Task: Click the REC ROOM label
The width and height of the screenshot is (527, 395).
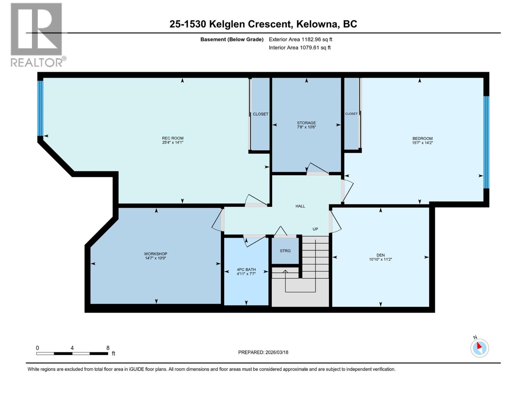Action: (x=173, y=138)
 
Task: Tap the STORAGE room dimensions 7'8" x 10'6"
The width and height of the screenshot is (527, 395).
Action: (x=306, y=127)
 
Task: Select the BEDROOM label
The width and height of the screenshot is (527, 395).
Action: (x=422, y=139)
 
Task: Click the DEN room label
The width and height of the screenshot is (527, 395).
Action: (x=380, y=255)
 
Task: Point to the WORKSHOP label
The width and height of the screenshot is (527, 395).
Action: (x=155, y=254)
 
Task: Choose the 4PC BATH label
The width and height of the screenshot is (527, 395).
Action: (x=246, y=270)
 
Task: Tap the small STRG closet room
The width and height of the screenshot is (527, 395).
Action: (x=285, y=251)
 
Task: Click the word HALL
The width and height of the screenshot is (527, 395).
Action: (x=300, y=206)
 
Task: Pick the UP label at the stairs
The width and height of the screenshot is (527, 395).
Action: (x=315, y=229)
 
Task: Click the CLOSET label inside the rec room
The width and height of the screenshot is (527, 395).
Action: (x=261, y=114)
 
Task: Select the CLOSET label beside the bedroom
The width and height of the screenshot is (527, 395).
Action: (x=351, y=114)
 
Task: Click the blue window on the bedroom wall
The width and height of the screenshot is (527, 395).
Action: (x=486, y=142)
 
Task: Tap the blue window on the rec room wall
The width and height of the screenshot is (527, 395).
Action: (x=40, y=108)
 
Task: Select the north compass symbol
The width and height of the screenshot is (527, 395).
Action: (x=479, y=348)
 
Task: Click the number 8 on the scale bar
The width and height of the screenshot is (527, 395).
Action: (x=108, y=348)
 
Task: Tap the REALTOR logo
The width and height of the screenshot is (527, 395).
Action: (x=37, y=35)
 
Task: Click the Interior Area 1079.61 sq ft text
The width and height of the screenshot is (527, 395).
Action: (x=299, y=48)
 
